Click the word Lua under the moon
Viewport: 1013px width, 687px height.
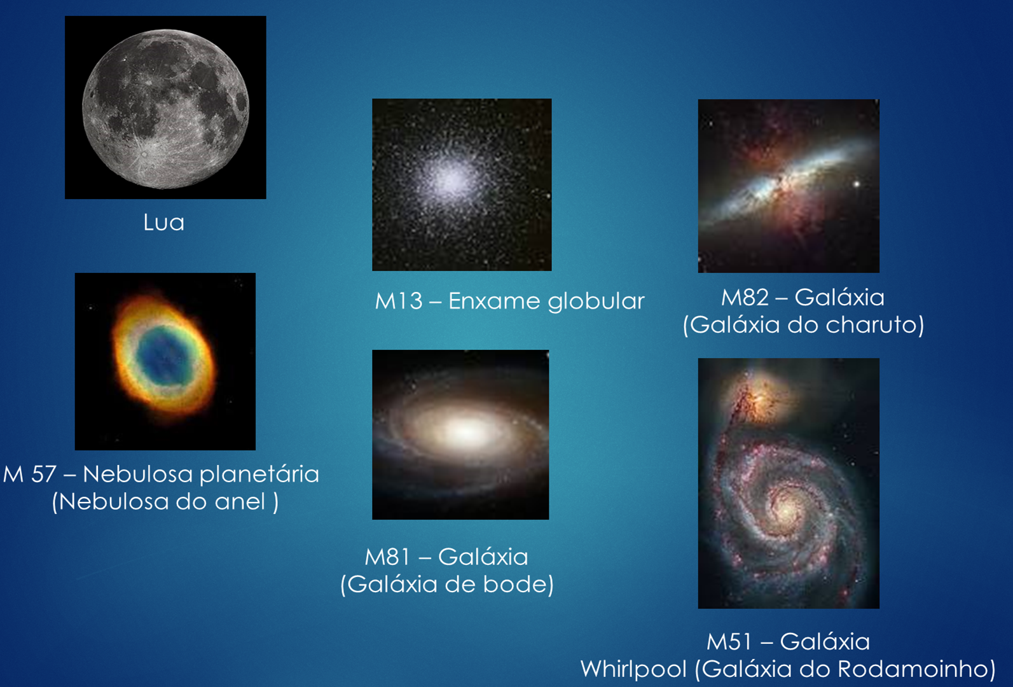click(163, 222)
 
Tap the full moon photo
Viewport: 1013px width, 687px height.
click(165, 108)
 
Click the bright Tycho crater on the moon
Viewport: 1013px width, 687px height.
click(144, 155)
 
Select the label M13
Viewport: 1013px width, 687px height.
click(399, 301)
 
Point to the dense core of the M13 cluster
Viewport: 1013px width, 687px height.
click(450, 179)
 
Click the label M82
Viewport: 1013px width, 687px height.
click(745, 297)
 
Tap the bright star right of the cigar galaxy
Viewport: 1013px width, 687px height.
click(856, 184)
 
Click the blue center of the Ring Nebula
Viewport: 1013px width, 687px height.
click(162, 355)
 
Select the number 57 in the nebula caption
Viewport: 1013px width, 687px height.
click(43, 475)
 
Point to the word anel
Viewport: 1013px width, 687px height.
click(240, 501)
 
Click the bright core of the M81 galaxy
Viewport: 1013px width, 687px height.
click(465, 432)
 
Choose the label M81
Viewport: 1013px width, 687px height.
click(387, 557)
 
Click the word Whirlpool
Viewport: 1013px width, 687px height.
click(633, 670)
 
